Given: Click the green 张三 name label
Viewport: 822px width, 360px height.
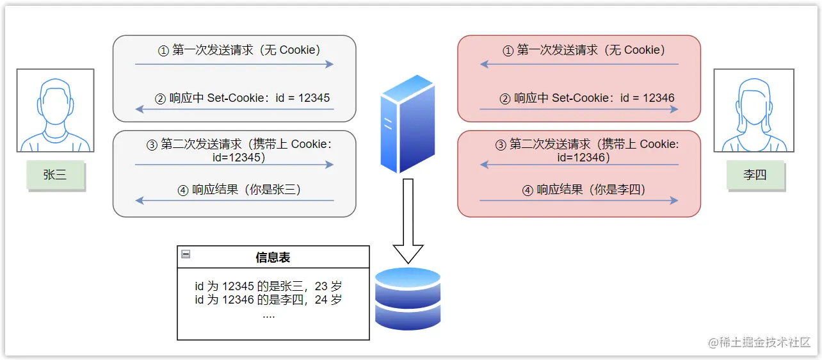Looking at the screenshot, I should pyautogui.click(x=55, y=175).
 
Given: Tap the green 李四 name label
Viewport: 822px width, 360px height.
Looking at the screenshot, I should pyautogui.click(x=755, y=175).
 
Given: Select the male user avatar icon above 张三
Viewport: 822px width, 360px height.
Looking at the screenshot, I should pyautogui.click(x=55, y=111).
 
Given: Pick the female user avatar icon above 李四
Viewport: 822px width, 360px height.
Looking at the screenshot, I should pyautogui.click(x=754, y=111).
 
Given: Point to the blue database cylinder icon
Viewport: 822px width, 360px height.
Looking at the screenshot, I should pyautogui.click(x=408, y=298).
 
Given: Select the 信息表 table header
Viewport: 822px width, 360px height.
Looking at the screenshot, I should pyautogui.click(x=273, y=257).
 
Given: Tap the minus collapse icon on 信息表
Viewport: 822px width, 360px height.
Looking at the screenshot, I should pyautogui.click(x=186, y=254).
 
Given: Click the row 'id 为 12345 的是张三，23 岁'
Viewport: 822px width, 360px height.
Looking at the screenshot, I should pyautogui.click(x=268, y=286).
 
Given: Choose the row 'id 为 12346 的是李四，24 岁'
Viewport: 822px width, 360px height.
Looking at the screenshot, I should pyautogui.click(x=268, y=300).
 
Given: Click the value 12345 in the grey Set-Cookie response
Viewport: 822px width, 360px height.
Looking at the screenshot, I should pyautogui.click(x=314, y=98).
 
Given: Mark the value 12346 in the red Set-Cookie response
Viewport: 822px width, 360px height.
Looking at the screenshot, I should pyautogui.click(x=659, y=98).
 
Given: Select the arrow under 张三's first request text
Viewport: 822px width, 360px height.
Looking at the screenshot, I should pyautogui.click(x=234, y=64).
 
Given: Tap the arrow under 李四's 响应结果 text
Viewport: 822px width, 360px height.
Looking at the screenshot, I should pyautogui.click(x=579, y=200).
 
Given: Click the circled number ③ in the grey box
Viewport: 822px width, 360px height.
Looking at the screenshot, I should pyautogui.click(x=152, y=145).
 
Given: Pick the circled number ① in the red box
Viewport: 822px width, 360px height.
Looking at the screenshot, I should pyautogui.click(x=508, y=50).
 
